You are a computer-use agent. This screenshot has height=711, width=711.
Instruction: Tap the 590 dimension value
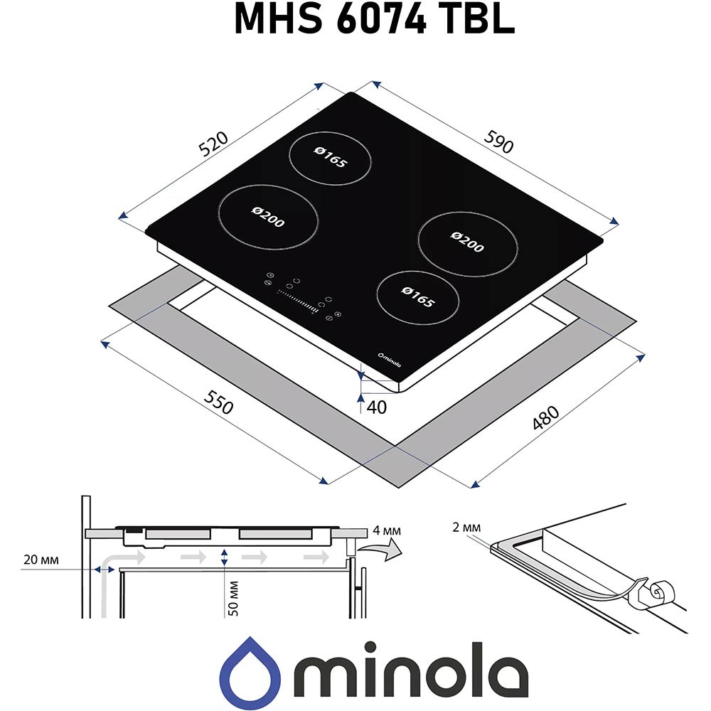click(x=498, y=142)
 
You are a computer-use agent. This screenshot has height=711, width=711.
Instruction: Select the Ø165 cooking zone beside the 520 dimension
click(x=331, y=158)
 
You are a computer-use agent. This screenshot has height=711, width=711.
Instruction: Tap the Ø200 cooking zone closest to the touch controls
click(x=268, y=218)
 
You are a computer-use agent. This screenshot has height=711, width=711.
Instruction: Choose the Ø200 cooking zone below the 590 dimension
click(x=467, y=239)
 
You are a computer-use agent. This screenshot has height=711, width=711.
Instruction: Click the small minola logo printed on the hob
click(x=389, y=361)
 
